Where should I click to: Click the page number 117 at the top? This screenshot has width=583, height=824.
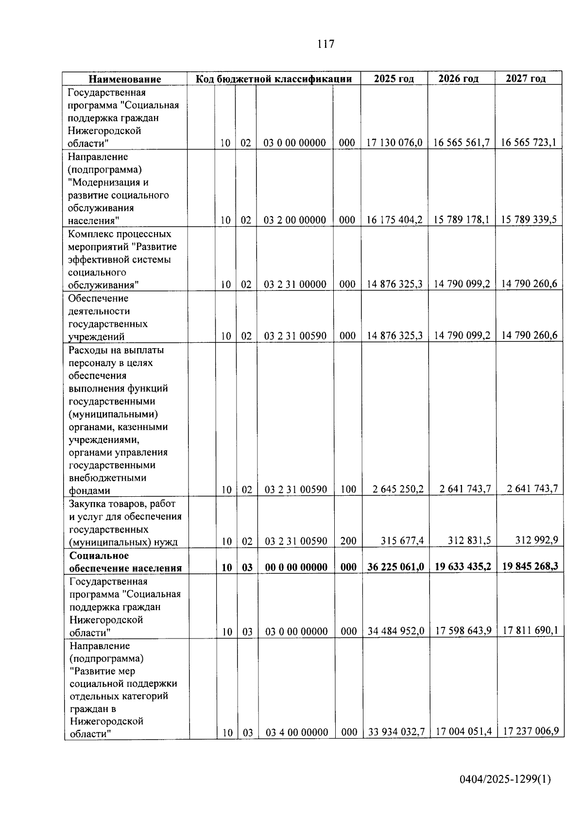click(326, 44)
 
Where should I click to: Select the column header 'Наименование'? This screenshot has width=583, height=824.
click(124, 79)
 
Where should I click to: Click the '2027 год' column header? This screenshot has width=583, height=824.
click(525, 79)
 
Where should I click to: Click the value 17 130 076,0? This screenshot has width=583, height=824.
click(394, 143)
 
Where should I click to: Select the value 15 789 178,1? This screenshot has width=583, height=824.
click(461, 219)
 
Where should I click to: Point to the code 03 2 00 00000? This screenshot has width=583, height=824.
click(294, 220)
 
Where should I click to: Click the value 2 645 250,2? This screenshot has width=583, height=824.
click(398, 489)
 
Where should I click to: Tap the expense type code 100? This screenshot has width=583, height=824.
click(348, 489)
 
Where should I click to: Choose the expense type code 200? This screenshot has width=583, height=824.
click(348, 541)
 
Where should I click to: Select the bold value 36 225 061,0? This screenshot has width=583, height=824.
click(395, 567)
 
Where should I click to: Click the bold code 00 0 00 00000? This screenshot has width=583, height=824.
click(296, 567)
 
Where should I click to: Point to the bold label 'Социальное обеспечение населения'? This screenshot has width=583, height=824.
click(125, 562)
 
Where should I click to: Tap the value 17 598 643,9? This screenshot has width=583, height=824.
click(463, 631)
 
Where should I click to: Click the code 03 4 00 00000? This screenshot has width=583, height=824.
click(296, 732)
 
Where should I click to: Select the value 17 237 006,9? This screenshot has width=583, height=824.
click(531, 731)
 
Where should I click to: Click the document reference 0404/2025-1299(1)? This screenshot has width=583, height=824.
click(505, 779)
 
